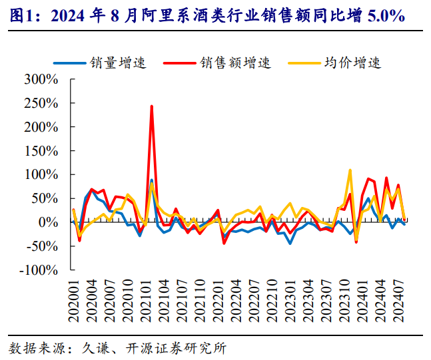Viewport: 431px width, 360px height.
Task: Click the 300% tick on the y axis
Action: click(x=41, y=79)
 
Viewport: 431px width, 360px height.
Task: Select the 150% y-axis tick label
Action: click(x=41, y=151)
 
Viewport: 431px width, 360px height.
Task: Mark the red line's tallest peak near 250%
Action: click(x=152, y=106)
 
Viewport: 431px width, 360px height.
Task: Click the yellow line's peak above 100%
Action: click(x=350, y=170)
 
